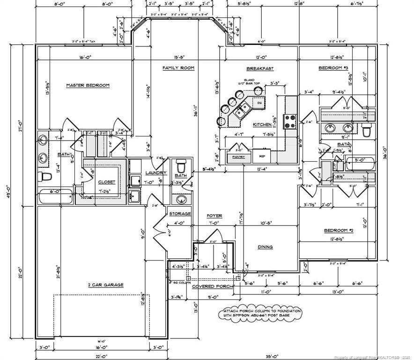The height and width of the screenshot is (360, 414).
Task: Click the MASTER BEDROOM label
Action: (88, 85)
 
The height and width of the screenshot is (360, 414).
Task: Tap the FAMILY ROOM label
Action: (178, 68)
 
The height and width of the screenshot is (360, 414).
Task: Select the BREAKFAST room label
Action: (260, 68)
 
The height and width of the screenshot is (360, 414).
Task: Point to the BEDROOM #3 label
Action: (333, 68)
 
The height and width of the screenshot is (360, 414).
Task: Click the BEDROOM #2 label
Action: (338, 231)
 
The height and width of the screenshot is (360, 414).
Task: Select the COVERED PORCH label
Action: (210, 286)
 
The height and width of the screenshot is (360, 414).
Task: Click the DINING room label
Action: (265, 247)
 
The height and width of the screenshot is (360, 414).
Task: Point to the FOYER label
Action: (214, 216)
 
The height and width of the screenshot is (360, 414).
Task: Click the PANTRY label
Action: (239, 157)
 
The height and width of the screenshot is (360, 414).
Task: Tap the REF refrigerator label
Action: (262, 157)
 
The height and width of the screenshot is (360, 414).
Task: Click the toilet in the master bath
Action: (45, 177)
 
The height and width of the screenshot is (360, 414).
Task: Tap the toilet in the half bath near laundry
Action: (182, 166)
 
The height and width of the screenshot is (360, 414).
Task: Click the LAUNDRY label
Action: (153, 173)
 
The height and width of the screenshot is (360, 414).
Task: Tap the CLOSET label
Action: (107, 182)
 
